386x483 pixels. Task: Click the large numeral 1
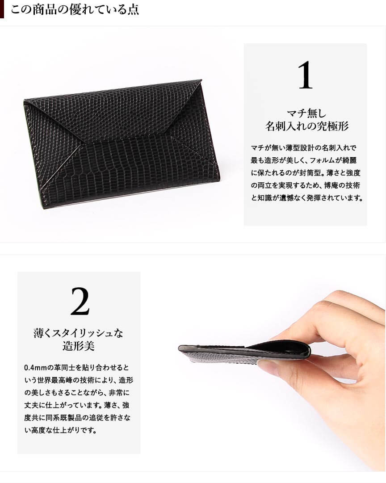coord(305,75)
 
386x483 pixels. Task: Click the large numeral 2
coord(80,301)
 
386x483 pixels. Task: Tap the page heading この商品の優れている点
coord(75,9)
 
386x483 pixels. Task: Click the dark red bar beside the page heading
coord(2,9)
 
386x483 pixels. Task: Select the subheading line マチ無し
coord(306,113)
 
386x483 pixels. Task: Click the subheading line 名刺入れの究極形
coord(307,126)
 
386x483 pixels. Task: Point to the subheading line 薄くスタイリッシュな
coord(78,333)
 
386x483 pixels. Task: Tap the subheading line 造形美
coord(78,346)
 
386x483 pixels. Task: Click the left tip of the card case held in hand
coord(180,348)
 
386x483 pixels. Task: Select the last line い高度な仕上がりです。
coord(60,430)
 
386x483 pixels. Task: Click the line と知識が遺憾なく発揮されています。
coord(307,198)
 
